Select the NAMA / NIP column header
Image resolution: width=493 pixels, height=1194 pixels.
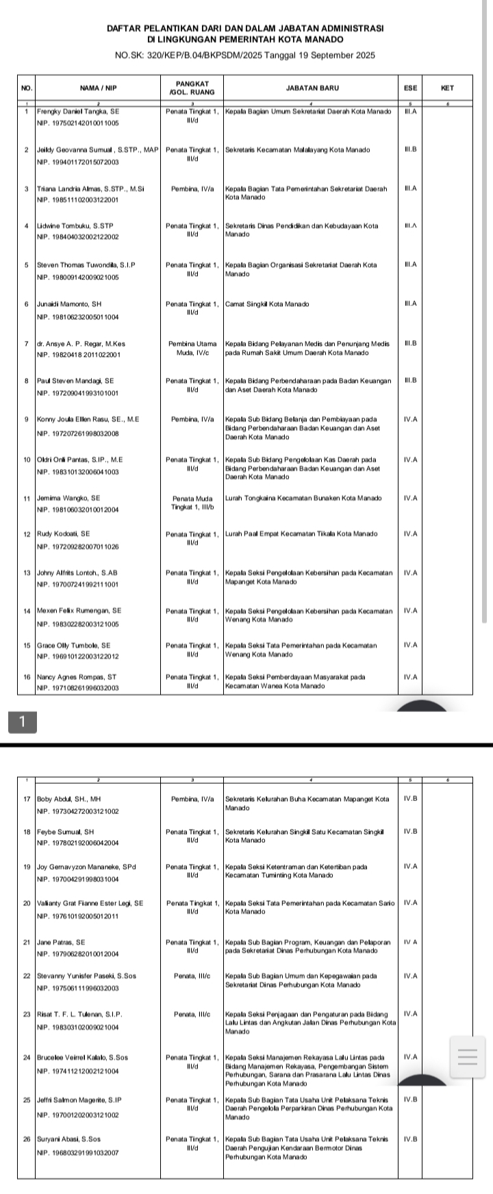point(98,88)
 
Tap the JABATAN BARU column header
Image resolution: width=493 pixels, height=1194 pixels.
point(310,88)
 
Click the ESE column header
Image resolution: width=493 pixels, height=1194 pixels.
point(411,88)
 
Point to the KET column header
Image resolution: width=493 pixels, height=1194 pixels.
point(448,88)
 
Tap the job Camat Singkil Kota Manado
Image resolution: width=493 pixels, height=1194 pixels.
point(267,303)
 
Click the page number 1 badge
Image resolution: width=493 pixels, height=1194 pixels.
point(23,721)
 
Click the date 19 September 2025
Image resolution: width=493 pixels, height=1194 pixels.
point(336,55)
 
